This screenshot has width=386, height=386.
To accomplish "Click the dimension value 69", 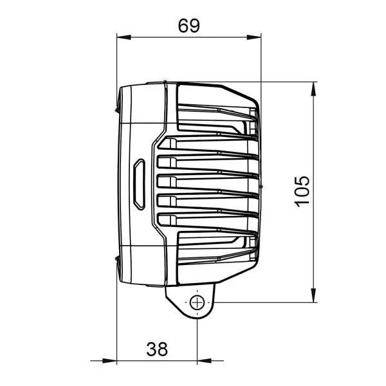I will (x=189, y=25).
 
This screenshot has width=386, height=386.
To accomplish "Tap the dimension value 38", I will (x=157, y=349).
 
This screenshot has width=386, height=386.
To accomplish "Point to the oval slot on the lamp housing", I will (x=138, y=185).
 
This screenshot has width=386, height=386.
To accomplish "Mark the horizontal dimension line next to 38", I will (x=96, y=361).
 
